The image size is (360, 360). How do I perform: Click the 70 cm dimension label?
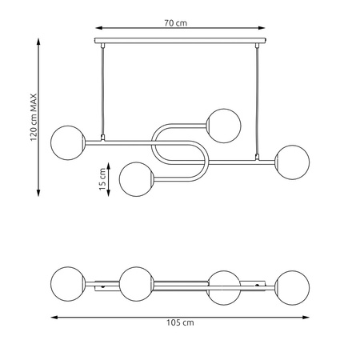pos(175,23)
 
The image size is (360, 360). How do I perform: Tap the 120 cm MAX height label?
pos(34,118)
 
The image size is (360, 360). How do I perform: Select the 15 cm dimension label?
pos(102,179)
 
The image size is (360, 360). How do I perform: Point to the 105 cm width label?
pos(180,322)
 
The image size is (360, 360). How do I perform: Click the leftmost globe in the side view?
pos(68,143)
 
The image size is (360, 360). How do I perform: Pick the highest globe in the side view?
pos(224,126)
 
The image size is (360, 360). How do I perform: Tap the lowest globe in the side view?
pos(136,179)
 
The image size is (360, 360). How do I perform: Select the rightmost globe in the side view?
pos(292,162)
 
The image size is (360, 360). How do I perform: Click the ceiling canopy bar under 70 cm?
pos(180,41)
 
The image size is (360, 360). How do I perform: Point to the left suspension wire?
pos(102,91)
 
